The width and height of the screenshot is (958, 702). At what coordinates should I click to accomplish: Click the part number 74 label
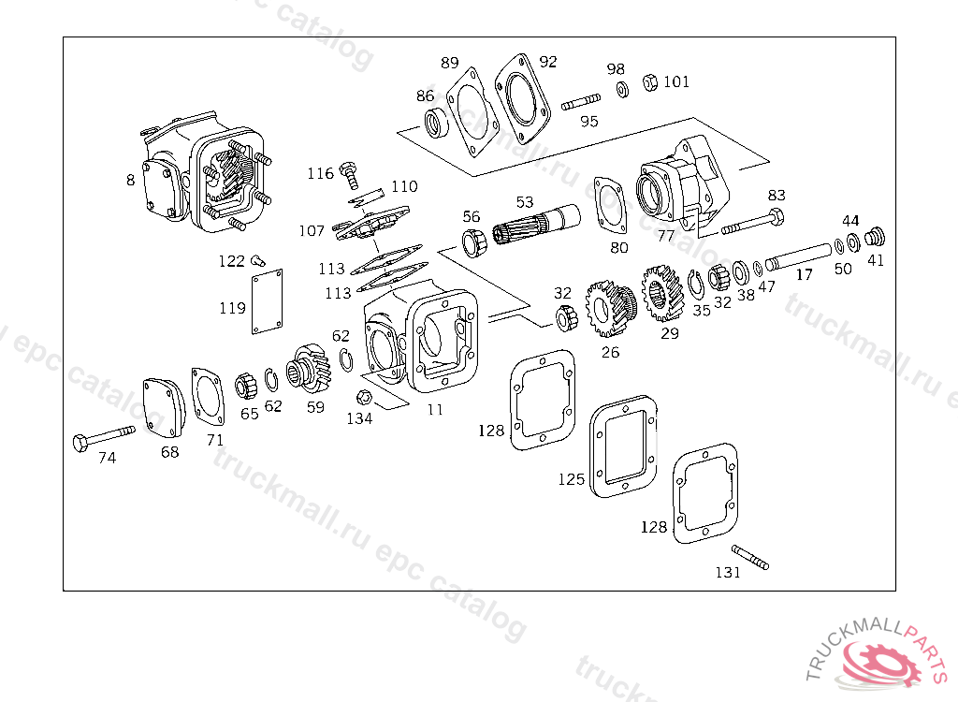108,458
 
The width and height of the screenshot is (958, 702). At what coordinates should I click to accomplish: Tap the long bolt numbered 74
103,436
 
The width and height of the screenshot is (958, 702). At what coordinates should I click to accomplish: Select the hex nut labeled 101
649,83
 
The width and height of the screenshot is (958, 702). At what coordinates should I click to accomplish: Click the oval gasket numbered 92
522,93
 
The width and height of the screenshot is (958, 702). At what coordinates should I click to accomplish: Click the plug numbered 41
876,235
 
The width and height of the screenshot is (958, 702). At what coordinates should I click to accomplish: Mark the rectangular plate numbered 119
268,301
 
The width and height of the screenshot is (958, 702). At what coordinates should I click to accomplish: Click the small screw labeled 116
349,170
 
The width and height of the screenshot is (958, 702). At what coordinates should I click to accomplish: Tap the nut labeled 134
366,397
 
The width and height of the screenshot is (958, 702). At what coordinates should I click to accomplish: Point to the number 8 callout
130,180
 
